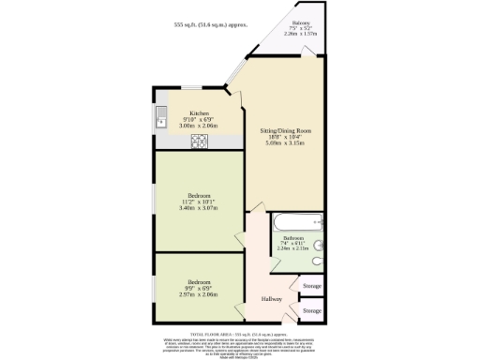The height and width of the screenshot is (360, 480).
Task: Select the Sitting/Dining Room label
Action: click(285, 131)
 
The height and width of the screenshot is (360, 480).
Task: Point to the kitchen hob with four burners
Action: click(200, 142)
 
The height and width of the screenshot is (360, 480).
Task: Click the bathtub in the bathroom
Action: click(292, 225)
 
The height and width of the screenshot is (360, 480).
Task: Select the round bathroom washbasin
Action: click(319, 246)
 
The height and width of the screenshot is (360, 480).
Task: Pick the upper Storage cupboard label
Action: click(311, 286)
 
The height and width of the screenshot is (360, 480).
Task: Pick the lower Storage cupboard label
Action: click(311, 310)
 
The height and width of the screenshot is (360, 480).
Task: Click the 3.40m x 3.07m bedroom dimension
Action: click(198, 208)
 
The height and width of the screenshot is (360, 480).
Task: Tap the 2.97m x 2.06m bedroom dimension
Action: click(198, 294)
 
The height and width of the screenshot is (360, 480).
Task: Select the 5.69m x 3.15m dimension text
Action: click(285, 144)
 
